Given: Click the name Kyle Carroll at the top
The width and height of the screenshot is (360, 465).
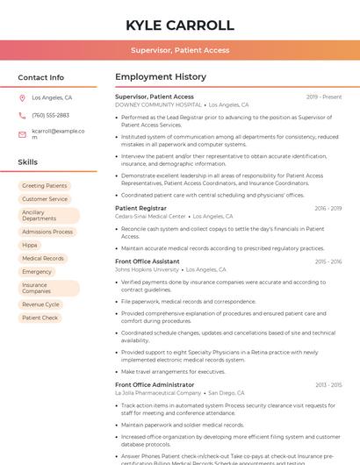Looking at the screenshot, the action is pyautogui.click(x=180, y=25).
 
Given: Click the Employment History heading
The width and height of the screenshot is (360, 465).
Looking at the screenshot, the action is pyautogui.click(x=161, y=77).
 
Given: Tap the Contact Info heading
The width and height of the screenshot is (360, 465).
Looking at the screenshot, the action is pyautogui.click(x=40, y=77).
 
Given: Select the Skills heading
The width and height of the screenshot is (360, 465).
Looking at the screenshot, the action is pyautogui.click(x=28, y=162).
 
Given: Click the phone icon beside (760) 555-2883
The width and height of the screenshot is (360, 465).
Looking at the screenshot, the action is pyautogui.click(x=22, y=116).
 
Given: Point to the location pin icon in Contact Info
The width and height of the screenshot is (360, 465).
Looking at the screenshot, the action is pyautogui.click(x=22, y=98).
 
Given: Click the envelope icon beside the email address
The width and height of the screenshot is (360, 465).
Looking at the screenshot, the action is pyautogui.click(x=22, y=134).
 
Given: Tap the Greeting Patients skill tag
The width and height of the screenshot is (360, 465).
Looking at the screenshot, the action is pyautogui.click(x=44, y=186).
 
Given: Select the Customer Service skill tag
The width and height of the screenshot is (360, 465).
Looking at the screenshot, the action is pyautogui.click(x=45, y=199).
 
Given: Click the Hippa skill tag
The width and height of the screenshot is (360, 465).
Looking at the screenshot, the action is pyautogui.click(x=30, y=245).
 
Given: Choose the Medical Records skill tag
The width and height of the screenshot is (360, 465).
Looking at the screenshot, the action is pyautogui.click(x=43, y=259).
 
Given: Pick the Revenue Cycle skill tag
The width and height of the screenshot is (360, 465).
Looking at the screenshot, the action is pyautogui.click(x=40, y=304).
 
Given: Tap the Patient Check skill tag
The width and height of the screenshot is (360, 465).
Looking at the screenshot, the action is pyautogui.click(x=40, y=318).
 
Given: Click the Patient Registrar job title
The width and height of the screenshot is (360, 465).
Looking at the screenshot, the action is pyautogui.click(x=140, y=208).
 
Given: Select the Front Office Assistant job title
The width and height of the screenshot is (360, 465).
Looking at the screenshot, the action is pyautogui.click(x=148, y=261).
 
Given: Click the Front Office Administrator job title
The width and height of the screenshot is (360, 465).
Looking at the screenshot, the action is pyautogui.click(x=155, y=384).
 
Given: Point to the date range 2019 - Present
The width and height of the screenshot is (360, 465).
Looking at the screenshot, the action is pyautogui.click(x=324, y=97).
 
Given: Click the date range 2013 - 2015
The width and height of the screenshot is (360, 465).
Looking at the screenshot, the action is pyautogui.click(x=328, y=384).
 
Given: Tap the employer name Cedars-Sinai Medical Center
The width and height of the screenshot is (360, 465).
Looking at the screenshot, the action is pyautogui.click(x=151, y=216).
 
